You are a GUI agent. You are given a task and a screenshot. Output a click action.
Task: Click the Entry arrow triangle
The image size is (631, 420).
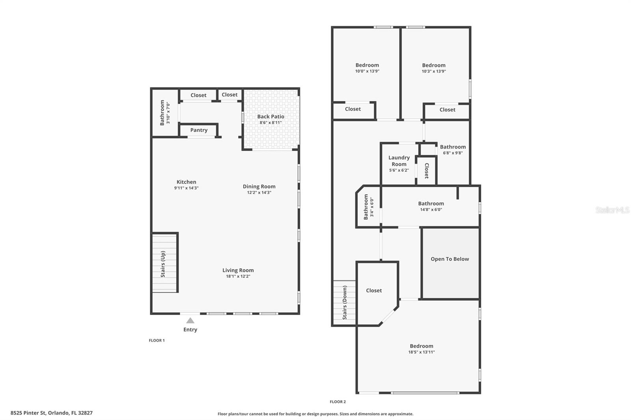pyautogui.click(x=190, y=321)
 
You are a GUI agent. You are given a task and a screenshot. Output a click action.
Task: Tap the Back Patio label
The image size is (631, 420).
pyautogui.click(x=271, y=117)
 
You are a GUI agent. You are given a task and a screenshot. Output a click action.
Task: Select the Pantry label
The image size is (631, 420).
pyautogui.click(x=199, y=130)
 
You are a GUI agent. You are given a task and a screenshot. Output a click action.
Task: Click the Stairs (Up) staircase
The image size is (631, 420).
pyautogui.click(x=165, y=263)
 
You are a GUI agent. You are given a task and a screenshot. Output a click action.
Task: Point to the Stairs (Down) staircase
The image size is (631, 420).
pyautogui.click(x=344, y=303)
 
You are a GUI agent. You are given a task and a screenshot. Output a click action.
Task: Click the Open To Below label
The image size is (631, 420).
pyautogui.click(x=450, y=259)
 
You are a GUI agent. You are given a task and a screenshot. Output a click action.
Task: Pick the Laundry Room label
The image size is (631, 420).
pyautogui.click(x=399, y=161)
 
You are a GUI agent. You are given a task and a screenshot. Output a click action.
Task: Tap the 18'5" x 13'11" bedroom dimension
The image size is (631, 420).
pyautogui.click(x=421, y=352)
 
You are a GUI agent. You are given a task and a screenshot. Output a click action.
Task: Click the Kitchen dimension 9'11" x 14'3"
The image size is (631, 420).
pyautogui.click(x=186, y=188)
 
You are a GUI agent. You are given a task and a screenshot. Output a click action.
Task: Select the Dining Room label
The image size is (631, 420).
pyautogui.click(x=259, y=186)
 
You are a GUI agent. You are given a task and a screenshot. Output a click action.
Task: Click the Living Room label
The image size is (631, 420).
pyautogui.click(x=238, y=270)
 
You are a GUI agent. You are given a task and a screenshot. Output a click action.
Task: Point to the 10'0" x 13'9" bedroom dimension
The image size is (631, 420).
pyautogui.click(x=367, y=71)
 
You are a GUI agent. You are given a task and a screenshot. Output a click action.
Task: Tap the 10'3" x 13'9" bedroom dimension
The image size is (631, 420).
pyautogui.click(x=434, y=71)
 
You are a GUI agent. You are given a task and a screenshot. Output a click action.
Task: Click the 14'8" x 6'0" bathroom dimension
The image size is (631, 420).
pyautogui.click(x=431, y=210)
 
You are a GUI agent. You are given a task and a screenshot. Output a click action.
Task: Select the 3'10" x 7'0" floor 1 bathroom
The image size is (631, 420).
pyautogui.click(x=164, y=113)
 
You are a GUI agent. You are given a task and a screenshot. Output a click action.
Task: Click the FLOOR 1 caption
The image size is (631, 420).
pyautogui.click(x=157, y=340)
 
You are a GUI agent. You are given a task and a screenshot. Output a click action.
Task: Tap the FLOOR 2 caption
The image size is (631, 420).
pyautogui.click(x=338, y=402)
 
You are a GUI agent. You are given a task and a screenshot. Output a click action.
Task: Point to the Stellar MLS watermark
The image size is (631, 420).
pyautogui.click(x=612, y=210)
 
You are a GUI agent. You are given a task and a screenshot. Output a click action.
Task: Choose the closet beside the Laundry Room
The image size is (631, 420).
pyautogui.click(x=426, y=171)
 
